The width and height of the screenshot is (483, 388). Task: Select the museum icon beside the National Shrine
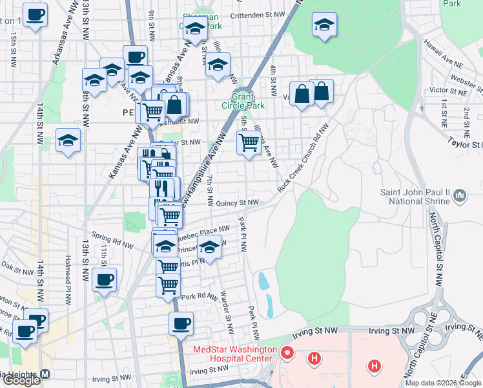pyautogui.click(x=460, y=195)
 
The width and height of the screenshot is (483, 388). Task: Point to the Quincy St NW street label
pyautogui.click(x=237, y=202)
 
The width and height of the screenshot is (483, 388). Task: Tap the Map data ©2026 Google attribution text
pyautogui.click(x=443, y=383)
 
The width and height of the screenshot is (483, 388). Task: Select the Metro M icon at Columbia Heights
pyautogui.click(x=45, y=374)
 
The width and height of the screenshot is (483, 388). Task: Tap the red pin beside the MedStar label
pyautogui.click(x=287, y=354)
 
